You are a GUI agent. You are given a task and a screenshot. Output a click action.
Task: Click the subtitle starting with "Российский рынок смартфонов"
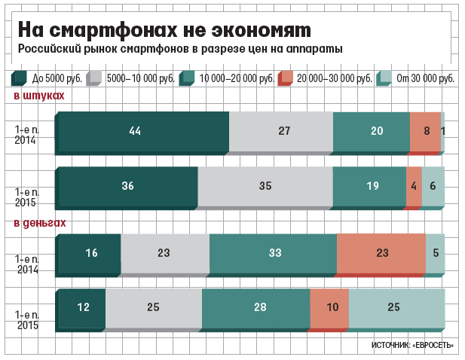[180, 49]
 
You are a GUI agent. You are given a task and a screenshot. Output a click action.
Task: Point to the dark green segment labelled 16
[90, 253]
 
